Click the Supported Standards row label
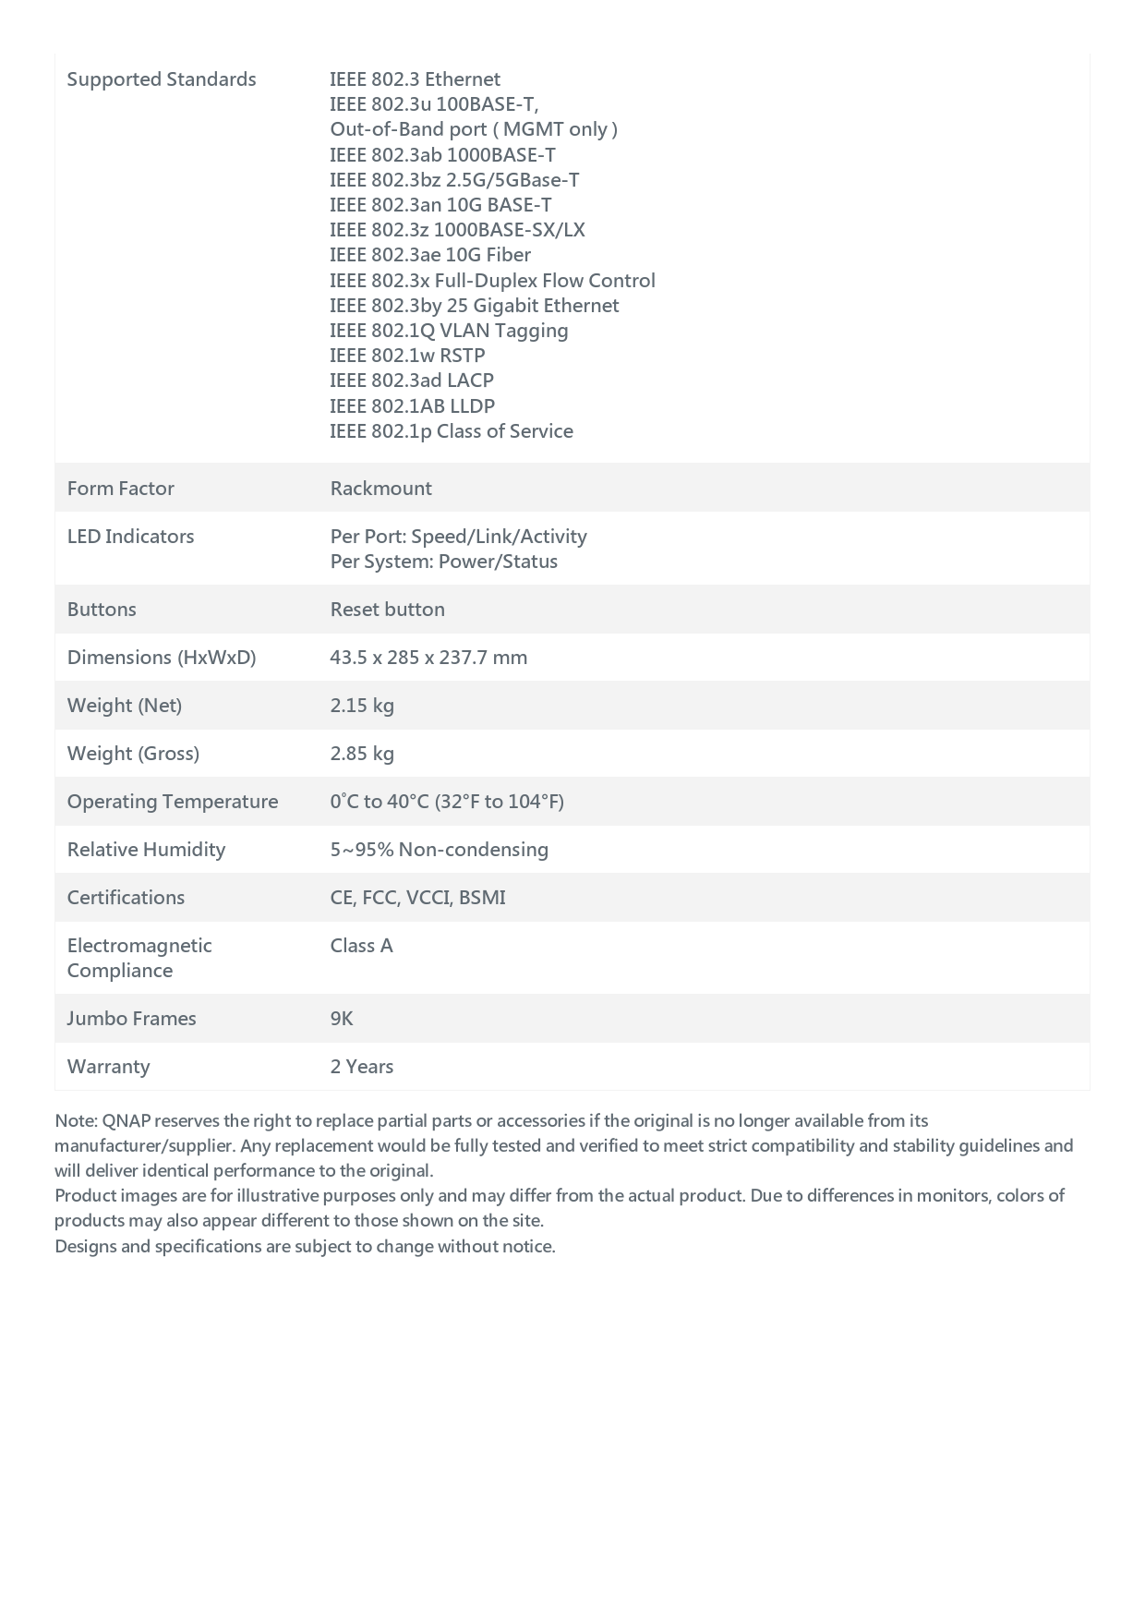(162, 79)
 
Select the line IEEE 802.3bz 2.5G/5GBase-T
(454, 180)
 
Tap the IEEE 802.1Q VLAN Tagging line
(449, 331)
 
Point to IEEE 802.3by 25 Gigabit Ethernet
(474, 306)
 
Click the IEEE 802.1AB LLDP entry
(412, 406)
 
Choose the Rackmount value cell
(380, 489)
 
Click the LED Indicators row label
(130, 537)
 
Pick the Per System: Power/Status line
(443, 562)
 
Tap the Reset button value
(387, 610)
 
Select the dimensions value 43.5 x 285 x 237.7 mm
(428, 658)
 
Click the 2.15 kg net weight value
(362, 706)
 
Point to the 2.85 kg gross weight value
(362, 754)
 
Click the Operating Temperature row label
(173, 802)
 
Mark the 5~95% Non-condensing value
(439, 850)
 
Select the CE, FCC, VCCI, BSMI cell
(417, 898)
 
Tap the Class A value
(361, 946)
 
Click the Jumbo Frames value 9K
(342, 1019)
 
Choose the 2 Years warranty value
(361, 1067)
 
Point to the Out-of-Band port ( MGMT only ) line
(474, 129)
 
